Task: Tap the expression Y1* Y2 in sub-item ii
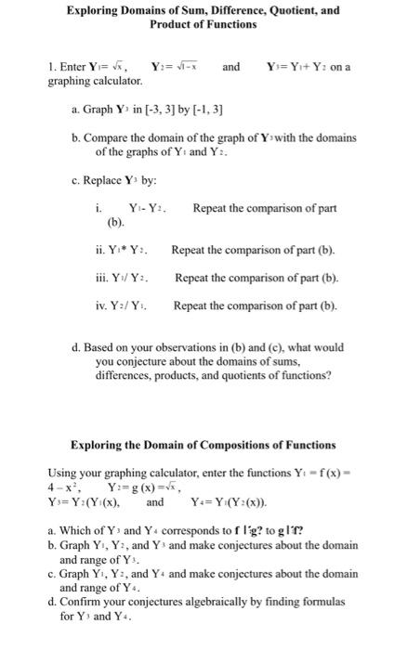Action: [129, 250]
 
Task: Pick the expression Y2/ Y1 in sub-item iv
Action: [130, 305]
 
